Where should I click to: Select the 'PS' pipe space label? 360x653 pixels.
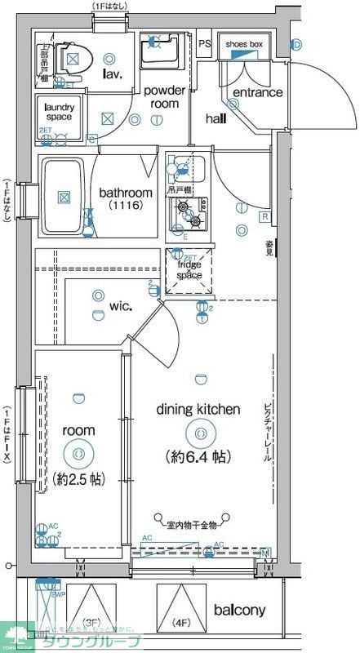(x=204, y=44)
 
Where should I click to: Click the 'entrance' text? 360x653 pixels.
(x=257, y=92)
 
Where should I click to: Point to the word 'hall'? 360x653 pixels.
(x=216, y=119)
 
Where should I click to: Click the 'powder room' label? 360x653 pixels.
(x=165, y=97)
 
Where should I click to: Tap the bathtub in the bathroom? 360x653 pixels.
(x=63, y=196)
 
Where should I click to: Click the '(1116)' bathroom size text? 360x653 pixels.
(x=125, y=207)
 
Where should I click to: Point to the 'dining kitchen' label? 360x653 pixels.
(x=198, y=410)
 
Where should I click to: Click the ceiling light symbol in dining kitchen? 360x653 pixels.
(x=199, y=433)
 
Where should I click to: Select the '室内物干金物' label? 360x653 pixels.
(x=191, y=525)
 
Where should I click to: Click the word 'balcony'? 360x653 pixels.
(x=240, y=611)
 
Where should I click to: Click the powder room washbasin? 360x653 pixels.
(x=155, y=53)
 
